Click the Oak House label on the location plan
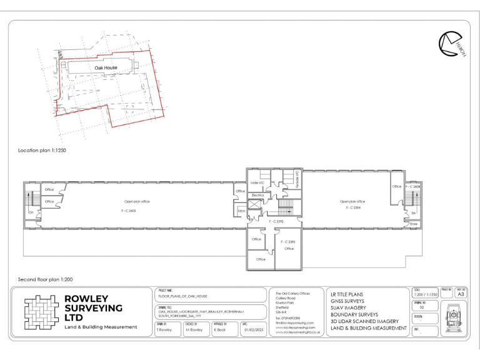106,67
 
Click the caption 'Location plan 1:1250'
45,151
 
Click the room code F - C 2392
276,221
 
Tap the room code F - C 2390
288,241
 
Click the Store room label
413,223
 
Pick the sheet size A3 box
462,294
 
